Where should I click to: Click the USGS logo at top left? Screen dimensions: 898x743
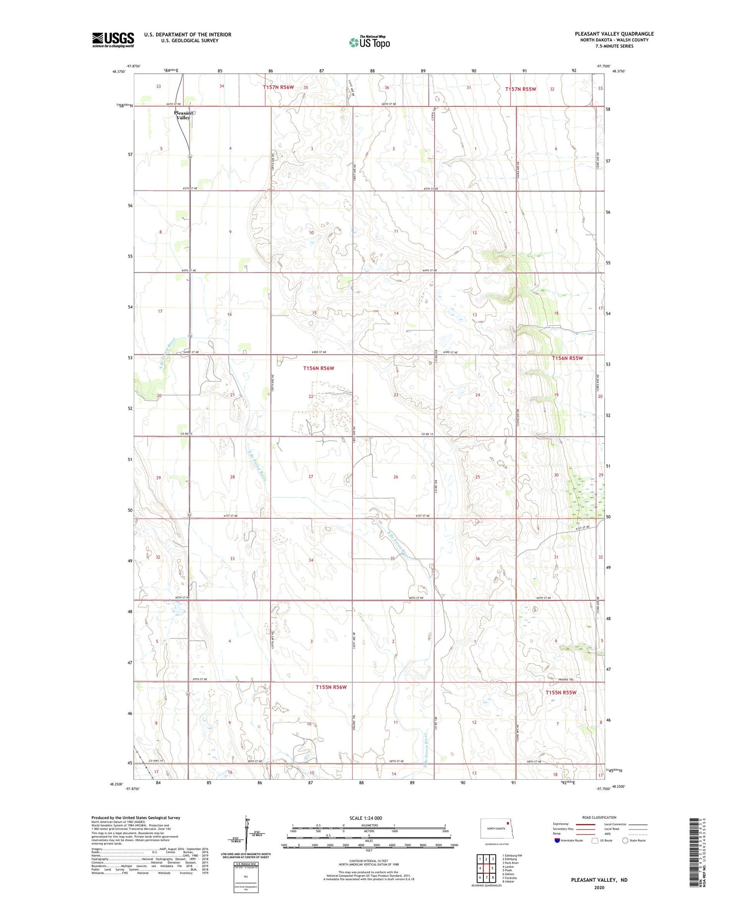tap(113, 40)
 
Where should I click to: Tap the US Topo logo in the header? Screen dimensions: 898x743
tap(370, 43)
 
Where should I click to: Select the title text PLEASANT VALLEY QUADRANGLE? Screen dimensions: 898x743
tap(614, 34)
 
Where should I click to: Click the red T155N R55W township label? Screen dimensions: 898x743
tap(561, 692)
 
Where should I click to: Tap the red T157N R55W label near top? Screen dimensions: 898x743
tap(520, 89)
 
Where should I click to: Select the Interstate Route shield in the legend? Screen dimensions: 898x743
tap(557, 841)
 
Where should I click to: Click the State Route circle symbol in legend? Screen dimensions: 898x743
tap(625, 841)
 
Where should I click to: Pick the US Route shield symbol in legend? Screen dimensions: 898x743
tap(595, 841)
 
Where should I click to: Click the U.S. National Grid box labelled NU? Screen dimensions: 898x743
tap(246, 876)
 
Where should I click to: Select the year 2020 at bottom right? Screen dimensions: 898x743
tap(599, 887)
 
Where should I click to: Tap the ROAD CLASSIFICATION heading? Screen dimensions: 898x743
tap(599, 817)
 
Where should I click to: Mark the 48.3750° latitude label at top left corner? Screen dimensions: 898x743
tap(119, 71)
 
